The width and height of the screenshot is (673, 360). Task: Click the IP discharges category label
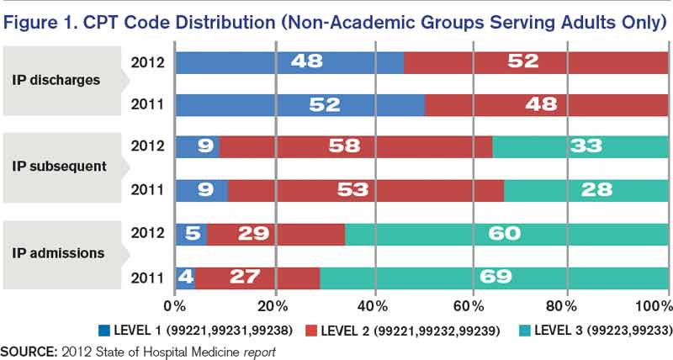pos(56,81)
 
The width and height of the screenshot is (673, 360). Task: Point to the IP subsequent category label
pos(59,166)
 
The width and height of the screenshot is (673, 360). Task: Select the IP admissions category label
pos(58,251)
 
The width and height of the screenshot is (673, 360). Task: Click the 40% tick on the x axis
pos(373,304)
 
